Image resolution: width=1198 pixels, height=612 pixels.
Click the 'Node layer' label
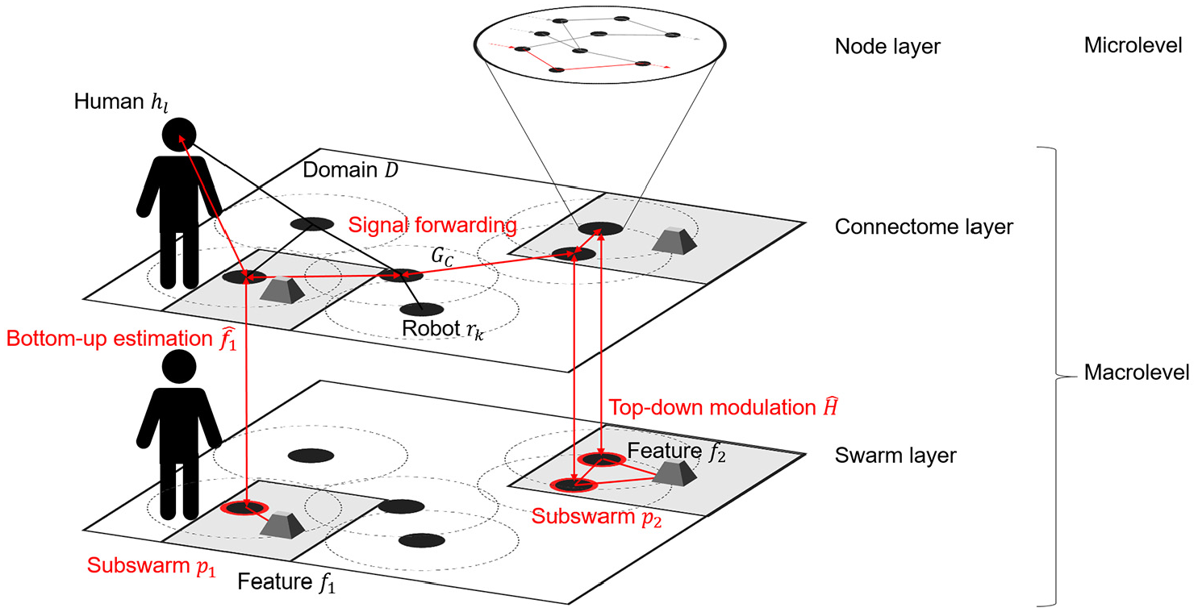coord(887,47)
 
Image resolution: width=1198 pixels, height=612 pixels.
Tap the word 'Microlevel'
coord(1133,45)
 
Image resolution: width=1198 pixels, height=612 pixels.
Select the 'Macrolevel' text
coord(1137,372)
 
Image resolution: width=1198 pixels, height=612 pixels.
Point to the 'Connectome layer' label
coord(924,227)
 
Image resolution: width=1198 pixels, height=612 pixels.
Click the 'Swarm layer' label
coord(895,456)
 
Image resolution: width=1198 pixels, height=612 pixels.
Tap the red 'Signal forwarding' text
coord(432,225)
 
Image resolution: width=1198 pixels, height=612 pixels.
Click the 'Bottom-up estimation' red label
coord(121,339)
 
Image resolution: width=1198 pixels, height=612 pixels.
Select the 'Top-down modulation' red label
coord(723,407)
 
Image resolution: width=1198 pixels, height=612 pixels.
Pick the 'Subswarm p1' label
coord(152,566)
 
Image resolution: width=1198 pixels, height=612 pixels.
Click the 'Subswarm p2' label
coord(596,517)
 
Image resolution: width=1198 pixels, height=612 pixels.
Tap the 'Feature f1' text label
coord(286,582)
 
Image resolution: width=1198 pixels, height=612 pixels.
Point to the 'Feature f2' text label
coord(676,451)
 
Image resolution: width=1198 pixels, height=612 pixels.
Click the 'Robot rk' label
coord(443,329)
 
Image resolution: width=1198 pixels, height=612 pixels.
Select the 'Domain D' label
coord(350,170)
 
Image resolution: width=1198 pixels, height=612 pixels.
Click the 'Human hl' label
coord(121,102)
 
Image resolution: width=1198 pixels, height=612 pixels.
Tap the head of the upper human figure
coord(179,135)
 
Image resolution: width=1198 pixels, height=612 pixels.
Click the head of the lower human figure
coord(179,367)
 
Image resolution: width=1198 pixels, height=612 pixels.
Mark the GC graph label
coord(442,256)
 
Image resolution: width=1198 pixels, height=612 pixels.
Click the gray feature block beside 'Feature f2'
coord(674,473)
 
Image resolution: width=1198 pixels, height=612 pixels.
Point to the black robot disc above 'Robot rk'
coord(421,309)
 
